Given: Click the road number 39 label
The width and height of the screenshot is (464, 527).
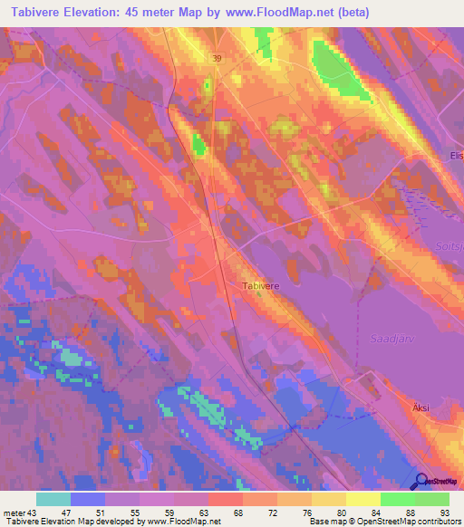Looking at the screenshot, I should tap(217, 58).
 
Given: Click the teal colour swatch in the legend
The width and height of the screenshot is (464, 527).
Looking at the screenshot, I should tap(53, 499).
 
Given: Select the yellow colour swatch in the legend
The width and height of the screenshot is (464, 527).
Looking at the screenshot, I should tap(363, 499).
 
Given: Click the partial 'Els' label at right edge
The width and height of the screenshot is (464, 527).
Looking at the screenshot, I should tap(456, 156).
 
